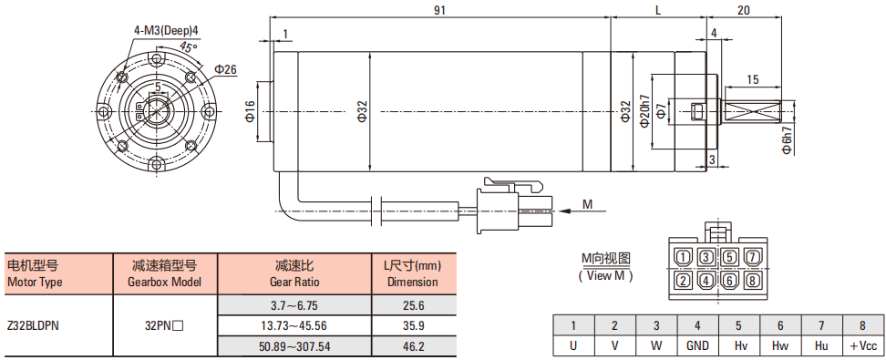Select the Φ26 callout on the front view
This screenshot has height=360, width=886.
pos(225,69)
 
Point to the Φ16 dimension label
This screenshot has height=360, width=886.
pos(249,112)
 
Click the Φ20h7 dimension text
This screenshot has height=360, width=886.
pos(645,111)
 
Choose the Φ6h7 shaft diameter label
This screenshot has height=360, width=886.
pos(788,139)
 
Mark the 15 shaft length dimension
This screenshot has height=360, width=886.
pos(753,78)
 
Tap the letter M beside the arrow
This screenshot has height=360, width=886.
pos(588,204)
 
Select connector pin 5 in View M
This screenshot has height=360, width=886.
pos(729,257)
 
